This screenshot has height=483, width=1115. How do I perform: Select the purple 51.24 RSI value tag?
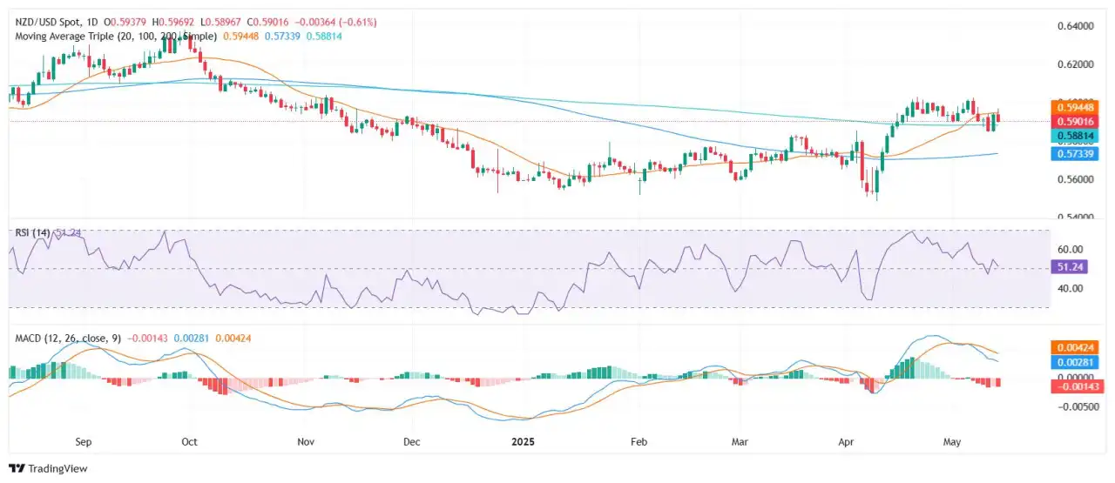[x=1072, y=268]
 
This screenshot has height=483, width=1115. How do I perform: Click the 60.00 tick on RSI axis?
[x=1071, y=249]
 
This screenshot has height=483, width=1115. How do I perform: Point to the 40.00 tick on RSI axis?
[x=1071, y=288]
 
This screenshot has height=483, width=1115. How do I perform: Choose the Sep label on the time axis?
[x=83, y=442]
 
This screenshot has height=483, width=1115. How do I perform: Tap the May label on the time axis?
[x=952, y=442]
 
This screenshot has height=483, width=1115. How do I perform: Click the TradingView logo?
[x=49, y=468]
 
